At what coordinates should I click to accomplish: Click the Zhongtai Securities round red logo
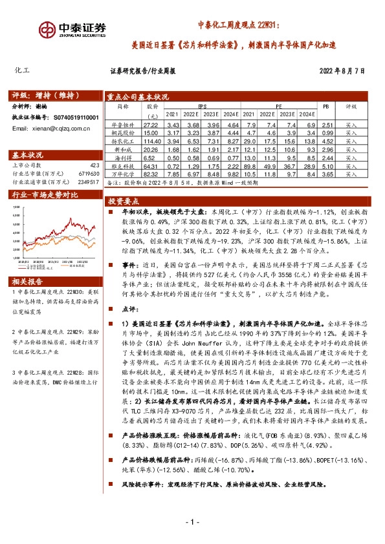[47, 30]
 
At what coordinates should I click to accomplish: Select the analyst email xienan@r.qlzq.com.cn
[43, 129]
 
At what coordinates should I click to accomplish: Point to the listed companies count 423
[94, 165]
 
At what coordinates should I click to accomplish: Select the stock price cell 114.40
[151, 140]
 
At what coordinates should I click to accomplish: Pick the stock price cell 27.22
[151, 123]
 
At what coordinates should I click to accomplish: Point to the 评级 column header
[351, 105]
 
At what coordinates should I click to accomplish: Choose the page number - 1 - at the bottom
[192, 521]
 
